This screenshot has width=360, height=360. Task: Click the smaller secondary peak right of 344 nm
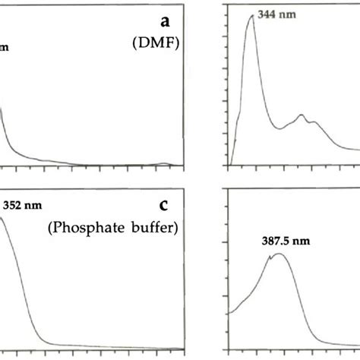303,116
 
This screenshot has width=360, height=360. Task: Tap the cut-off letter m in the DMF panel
5,48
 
